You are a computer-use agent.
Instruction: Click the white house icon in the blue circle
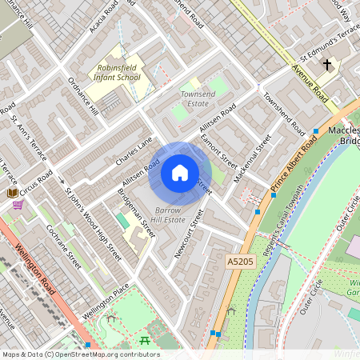point(180,173)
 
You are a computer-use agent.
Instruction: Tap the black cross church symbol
point(326,64)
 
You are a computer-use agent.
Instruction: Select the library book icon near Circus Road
point(13,193)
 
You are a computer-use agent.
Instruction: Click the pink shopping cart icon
point(18,206)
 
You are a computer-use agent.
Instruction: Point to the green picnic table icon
point(145,342)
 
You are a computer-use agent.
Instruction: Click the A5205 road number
point(238,261)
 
